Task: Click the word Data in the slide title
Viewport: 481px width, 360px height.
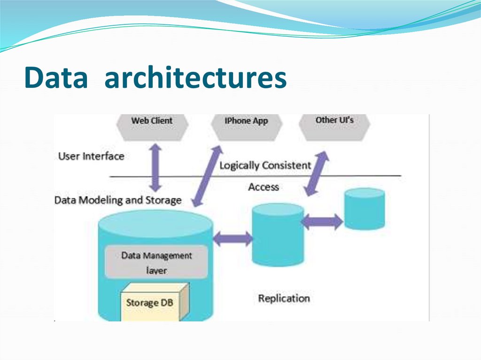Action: click(x=56, y=78)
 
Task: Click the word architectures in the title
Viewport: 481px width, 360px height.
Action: click(x=195, y=78)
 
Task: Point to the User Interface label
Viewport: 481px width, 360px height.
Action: click(x=91, y=156)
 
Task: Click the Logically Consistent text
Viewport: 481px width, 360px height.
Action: click(x=265, y=166)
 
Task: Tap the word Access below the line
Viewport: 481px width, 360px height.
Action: click(x=264, y=187)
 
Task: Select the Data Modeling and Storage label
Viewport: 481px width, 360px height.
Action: click(x=118, y=200)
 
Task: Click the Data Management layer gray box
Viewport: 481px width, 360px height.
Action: click(x=156, y=262)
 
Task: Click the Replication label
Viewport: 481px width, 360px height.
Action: click(x=284, y=299)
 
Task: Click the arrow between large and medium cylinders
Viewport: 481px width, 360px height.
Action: click(x=233, y=238)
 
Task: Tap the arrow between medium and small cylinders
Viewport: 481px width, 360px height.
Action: click(x=322, y=221)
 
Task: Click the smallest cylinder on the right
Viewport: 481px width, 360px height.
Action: click(x=364, y=209)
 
